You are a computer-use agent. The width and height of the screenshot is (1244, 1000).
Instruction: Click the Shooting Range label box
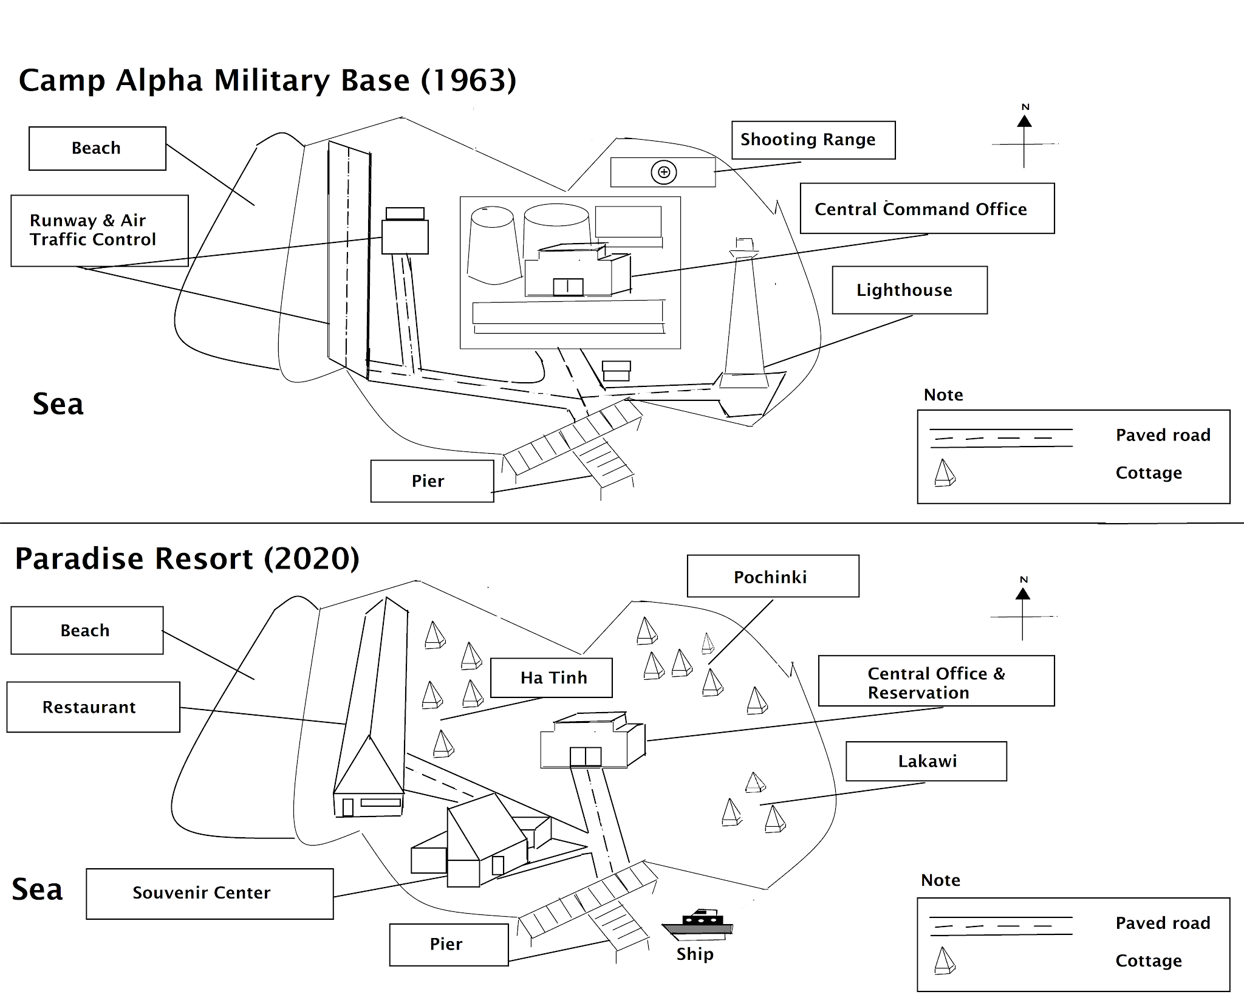(813, 140)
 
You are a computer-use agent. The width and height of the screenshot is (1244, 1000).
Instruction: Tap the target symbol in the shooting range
(664, 173)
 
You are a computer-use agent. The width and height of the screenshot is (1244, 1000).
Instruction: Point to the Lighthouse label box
(909, 290)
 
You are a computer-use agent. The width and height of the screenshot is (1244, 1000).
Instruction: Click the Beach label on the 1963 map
(97, 148)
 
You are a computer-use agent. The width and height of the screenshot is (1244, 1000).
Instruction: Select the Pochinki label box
(773, 576)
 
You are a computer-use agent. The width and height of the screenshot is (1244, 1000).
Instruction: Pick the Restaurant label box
(93, 707)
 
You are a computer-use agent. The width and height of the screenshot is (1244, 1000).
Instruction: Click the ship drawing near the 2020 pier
(698, 925)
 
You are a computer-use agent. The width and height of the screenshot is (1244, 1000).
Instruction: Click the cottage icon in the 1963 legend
(945, 473)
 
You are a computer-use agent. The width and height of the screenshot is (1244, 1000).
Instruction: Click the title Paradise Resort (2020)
(187, 558)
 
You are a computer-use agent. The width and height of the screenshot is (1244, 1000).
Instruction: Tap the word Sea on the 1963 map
(58, 404)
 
